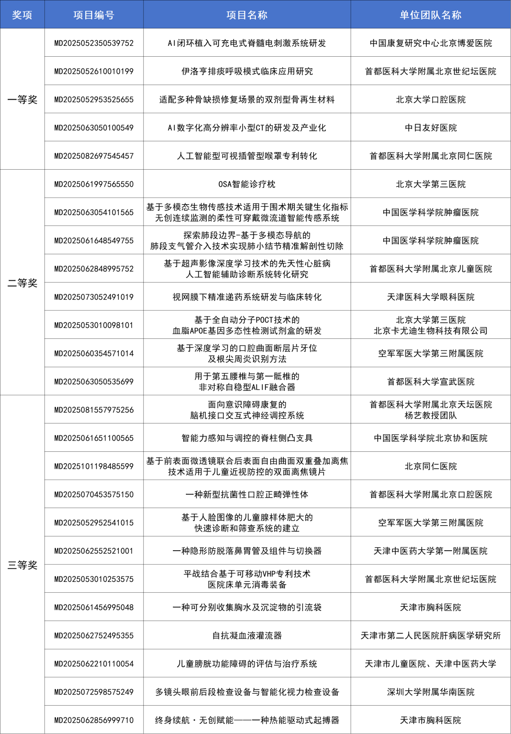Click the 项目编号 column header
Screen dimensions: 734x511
click(94, 15)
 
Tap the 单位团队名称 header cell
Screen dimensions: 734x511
click(431, 15)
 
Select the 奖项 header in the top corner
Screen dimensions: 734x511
click(22, 15)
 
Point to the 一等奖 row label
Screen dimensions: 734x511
click(22, 100)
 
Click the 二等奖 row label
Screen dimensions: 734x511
click(22, 283)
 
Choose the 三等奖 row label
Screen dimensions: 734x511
click(22, 565)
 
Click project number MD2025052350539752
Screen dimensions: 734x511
click(94, 43)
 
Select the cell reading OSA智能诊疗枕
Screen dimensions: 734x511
click(247, 184)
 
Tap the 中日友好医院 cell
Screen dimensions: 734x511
click(431, 128)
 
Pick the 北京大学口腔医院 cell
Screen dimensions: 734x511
click(431, 100)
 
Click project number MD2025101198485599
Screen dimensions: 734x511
click(94, 466)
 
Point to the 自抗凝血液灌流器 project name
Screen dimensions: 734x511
click(247, 636)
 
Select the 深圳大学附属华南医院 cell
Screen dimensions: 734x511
click(431, 692)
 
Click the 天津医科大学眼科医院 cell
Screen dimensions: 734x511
click(431, 297)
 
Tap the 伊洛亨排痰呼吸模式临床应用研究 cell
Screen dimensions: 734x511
click(247, 71)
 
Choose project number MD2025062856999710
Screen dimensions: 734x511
click(94, 720)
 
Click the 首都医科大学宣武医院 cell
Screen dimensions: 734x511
click(431, 382)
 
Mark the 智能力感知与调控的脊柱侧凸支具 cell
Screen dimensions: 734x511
click(247, 438)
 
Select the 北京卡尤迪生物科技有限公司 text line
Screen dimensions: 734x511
click(431, 331)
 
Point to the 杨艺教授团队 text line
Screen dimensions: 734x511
click(431, 415)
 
